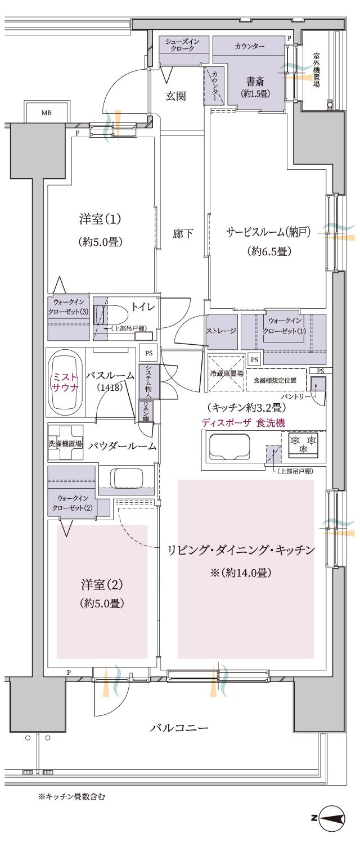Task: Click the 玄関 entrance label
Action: [177, 96]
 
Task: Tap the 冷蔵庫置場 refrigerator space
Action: [227, 373]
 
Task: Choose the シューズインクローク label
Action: [183, 45]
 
